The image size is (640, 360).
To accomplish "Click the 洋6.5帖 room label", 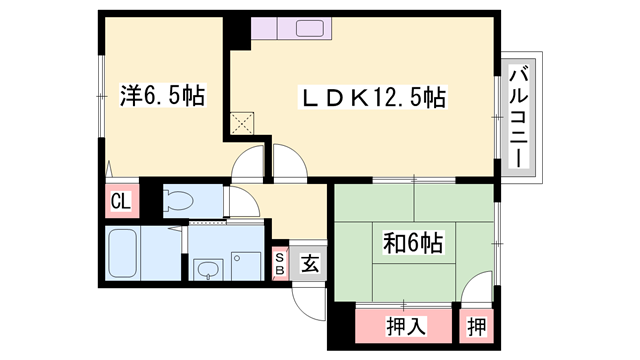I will (163, 97).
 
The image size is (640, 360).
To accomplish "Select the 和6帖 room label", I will (413, 242).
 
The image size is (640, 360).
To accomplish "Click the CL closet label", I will (120, 201).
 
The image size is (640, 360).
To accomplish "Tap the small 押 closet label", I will (478, 325).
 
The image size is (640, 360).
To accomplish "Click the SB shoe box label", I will (280, 263).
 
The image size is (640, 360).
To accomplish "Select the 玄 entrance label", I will (310, 264).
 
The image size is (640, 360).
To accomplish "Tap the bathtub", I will (125, 254).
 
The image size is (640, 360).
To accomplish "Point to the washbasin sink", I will (209, 269).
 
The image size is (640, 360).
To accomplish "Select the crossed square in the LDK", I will (241, 124).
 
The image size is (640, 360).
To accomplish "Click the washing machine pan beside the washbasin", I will (245, 264).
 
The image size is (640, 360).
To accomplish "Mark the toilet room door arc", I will (244, 204).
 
